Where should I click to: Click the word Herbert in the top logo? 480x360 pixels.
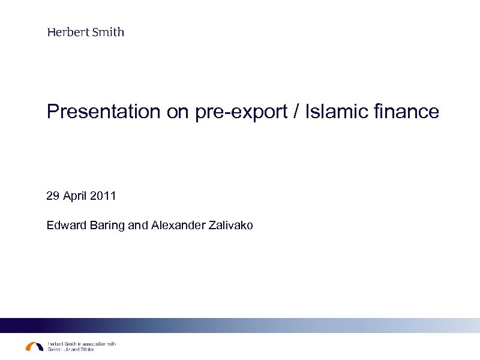tap(68, 32)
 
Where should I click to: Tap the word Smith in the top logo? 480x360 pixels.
tap(108, 32)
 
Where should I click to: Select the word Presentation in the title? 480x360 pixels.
tap(104, 112)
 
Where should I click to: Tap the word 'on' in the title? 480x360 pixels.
tap(178, 112)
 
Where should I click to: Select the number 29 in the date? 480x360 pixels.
tap(53, 196)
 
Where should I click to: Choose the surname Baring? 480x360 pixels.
tap(106, 226)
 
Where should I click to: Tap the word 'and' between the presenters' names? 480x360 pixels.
tap(138, 226)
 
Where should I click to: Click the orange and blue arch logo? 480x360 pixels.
tap(34, 347)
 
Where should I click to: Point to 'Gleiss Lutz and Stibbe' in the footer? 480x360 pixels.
tap(70, 350)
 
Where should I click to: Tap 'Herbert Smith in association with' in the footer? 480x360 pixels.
tap(81, 344)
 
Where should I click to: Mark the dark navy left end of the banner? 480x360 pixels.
tap(12, 325)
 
